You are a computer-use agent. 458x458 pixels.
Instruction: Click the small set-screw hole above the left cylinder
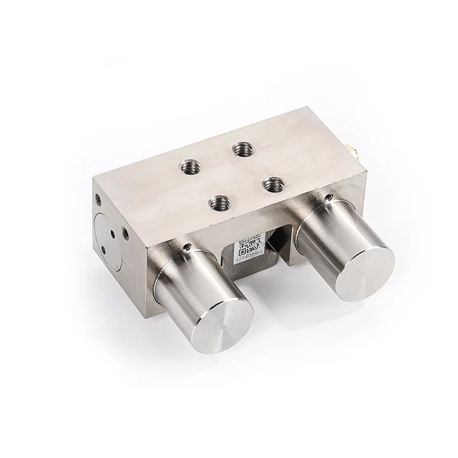click(188, 247)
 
